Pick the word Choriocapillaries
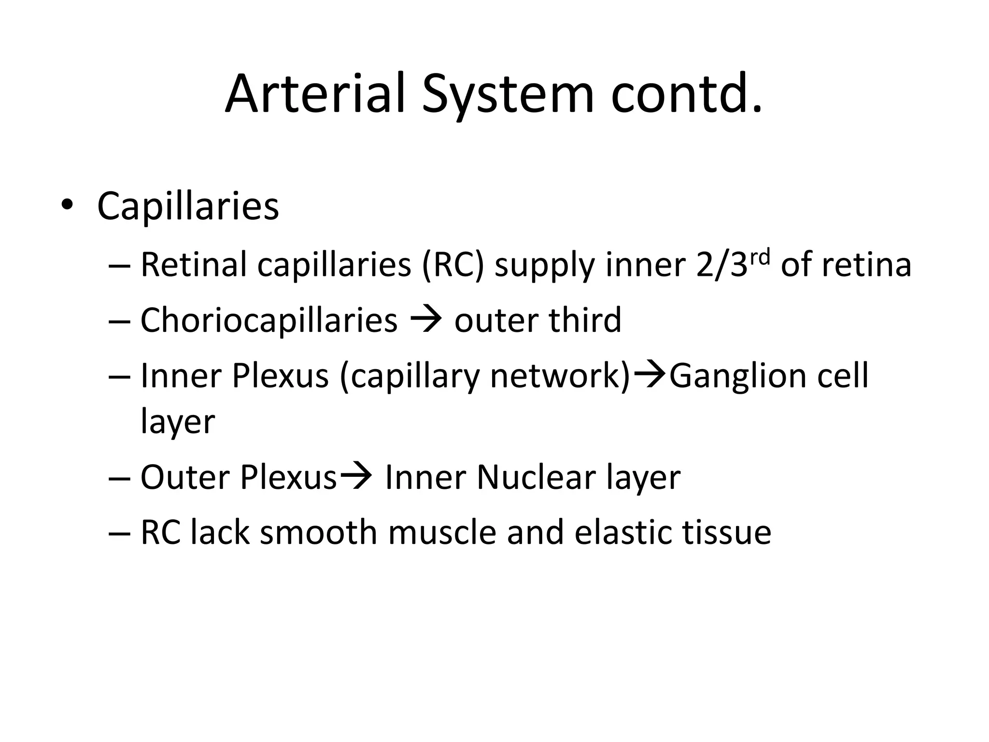tap(268, 320)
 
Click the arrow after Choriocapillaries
tap(425, 320)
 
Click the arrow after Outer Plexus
tap(356, 477)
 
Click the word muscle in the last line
tap(441, 532)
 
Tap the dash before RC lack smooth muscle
tap(120, 533)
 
